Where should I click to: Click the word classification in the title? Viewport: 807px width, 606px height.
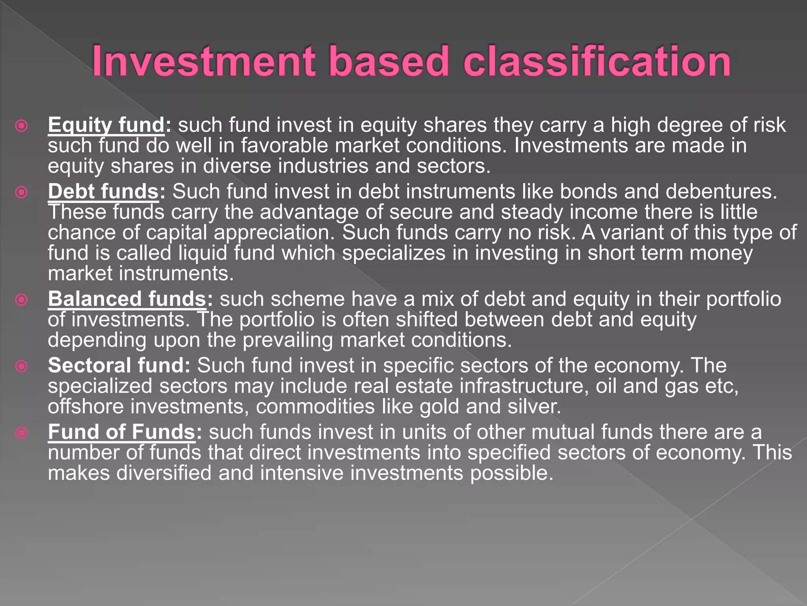(x=597, y=61)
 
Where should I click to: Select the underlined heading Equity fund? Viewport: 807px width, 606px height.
(x=106, y=125)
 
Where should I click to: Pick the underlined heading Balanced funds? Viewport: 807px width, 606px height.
(x=127, y=299)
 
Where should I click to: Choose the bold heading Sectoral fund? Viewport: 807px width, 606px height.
(x=119, y=365)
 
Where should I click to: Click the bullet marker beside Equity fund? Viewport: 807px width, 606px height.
(x=21, y=126)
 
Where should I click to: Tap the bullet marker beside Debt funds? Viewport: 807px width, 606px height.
(x=21, y=192)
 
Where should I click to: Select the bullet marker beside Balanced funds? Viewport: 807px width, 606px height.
(x=21, y=299)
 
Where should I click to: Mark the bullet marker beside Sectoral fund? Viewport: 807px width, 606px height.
(x=21, y=366)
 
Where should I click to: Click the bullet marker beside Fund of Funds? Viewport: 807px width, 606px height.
(x=21, y=433)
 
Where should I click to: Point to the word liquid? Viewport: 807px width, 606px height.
(x=203, y=253)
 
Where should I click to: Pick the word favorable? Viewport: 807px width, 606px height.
(x=284, y=146)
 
